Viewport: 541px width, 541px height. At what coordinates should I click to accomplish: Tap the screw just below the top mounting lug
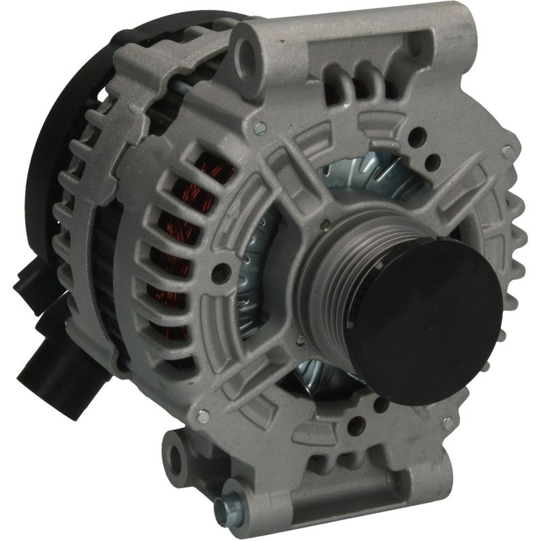coord(259,126)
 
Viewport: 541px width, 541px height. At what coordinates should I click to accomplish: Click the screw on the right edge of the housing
coord(508,151)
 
